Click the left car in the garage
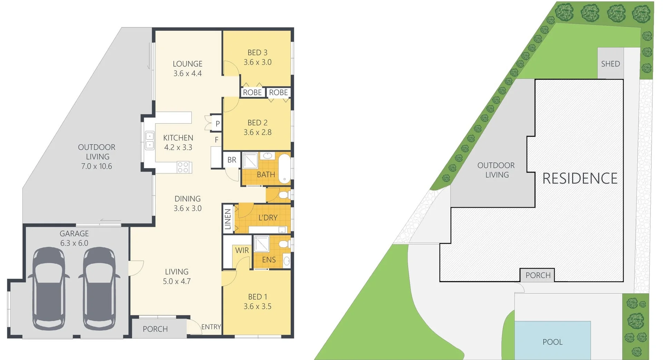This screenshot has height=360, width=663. coord(49,289)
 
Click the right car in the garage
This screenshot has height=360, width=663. coord(99,289)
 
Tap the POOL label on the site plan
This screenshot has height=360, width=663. coord(552,342)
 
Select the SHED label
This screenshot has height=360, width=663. coord(610,64)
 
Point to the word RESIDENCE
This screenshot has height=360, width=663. coord(580,178)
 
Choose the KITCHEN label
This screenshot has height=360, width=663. coord(178,138)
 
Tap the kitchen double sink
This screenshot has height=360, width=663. coord(150,140)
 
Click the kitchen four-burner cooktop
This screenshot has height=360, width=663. coord(183,167)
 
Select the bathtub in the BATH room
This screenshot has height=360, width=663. coord(285,168)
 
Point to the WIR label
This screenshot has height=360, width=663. coord(242,250)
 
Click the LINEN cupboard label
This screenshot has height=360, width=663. coord(228,219)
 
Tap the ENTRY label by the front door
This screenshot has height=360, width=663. coord(211,327)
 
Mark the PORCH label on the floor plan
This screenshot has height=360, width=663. coord(155,329)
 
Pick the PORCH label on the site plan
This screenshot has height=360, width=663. coord(538,275)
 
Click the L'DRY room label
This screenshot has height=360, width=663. coord(268,218)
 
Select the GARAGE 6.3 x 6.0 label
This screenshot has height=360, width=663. coord(74,238)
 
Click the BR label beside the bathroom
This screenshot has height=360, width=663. coord(232,160)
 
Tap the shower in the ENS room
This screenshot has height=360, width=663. coord(261,244)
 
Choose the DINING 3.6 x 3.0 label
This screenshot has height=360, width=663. coord(188,203)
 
